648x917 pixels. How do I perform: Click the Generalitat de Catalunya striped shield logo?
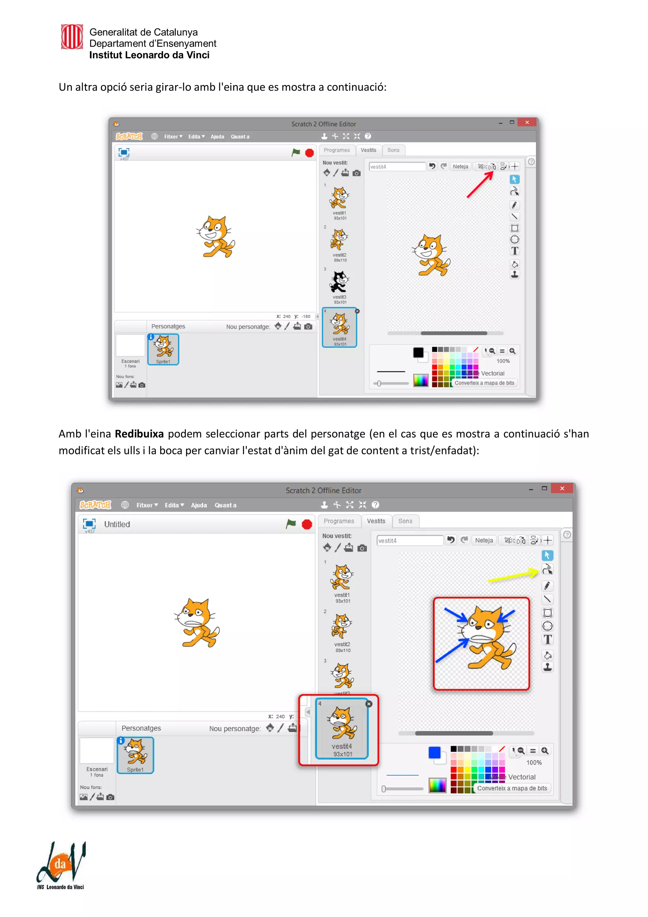coord(72,37)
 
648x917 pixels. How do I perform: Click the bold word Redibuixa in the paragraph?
coord(139,434)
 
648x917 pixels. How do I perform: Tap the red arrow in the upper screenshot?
coord(480,185)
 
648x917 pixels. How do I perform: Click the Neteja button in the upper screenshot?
coord(460,166)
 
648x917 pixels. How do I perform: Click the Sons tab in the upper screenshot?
coord(393,150)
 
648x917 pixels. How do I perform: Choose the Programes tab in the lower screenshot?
coord(339,521)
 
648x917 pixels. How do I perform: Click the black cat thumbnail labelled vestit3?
coord(340,282)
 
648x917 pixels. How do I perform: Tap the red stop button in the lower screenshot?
coord(307,524)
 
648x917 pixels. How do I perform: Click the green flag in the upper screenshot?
coord(296,153)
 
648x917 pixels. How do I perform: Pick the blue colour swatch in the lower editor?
coord(434,752)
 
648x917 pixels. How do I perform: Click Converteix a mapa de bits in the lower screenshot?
coord(512,788)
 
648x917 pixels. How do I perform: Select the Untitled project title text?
coord(117,524)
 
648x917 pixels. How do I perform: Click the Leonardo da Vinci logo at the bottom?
coord(61,865)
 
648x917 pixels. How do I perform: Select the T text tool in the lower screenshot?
coord(547,639)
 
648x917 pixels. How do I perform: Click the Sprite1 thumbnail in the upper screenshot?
coord(163,349)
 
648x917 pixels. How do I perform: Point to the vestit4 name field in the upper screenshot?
coord(396,166)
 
